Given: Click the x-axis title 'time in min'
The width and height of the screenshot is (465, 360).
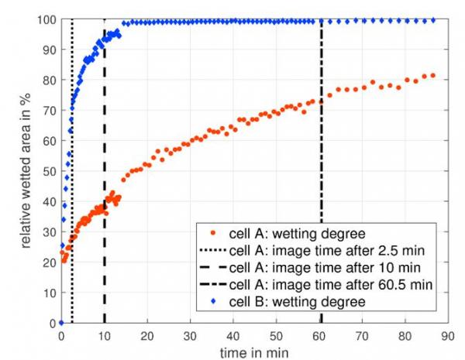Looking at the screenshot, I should point(255,352).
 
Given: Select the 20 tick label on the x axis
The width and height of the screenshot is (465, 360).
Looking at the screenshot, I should point(146,337).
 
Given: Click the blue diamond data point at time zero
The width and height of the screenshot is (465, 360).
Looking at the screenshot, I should point(61,323).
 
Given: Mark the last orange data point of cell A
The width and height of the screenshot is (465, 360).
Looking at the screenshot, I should point(433,75).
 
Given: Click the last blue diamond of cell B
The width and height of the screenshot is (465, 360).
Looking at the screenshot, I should point(432,20).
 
